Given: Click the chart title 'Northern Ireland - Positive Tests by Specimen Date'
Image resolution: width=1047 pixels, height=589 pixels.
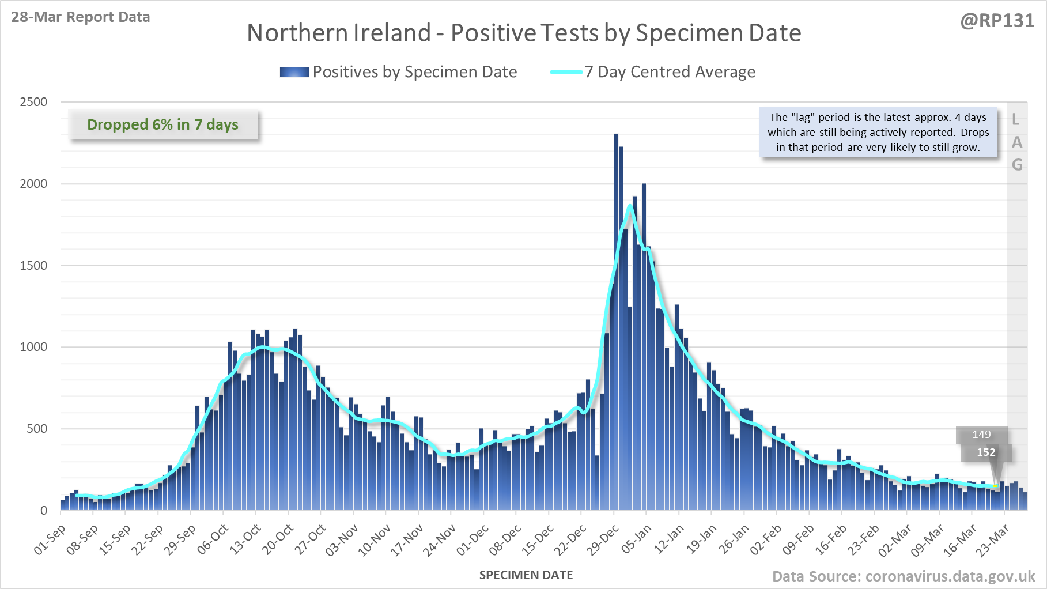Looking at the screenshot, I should [524, 33].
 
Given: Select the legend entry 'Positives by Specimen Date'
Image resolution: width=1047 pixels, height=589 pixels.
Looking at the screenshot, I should [414, 72].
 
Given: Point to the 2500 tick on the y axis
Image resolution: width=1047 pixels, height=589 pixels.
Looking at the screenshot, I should [33, 102].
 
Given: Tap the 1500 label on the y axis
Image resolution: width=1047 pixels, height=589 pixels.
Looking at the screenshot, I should [33, 266].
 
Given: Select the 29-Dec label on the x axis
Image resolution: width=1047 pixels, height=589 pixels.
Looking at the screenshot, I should [603, 539].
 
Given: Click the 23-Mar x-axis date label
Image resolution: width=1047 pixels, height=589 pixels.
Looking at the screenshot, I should [993, 539].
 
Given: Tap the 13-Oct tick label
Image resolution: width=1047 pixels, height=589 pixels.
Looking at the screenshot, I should [245, 539].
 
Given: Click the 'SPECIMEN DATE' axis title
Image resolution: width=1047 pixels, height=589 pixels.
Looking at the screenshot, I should [526, 575].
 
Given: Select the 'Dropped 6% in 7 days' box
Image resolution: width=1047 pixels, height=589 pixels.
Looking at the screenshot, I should [163, 124].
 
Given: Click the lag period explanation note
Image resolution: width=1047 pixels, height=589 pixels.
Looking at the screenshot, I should [878, 132].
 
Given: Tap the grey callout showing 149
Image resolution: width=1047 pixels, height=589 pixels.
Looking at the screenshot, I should [981, 435].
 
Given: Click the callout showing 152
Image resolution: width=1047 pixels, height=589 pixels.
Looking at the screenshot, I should [986, 452].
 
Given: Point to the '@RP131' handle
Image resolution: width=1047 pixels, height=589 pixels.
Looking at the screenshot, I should [997, 21].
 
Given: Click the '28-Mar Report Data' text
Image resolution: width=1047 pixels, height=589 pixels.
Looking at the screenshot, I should [81, 17].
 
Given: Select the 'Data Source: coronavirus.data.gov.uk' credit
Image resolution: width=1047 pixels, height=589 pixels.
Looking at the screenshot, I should [904, 576].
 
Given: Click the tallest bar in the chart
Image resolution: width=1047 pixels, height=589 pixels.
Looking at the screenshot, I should [616, 323].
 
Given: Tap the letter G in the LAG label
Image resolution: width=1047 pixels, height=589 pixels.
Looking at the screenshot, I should [1017, 165].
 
